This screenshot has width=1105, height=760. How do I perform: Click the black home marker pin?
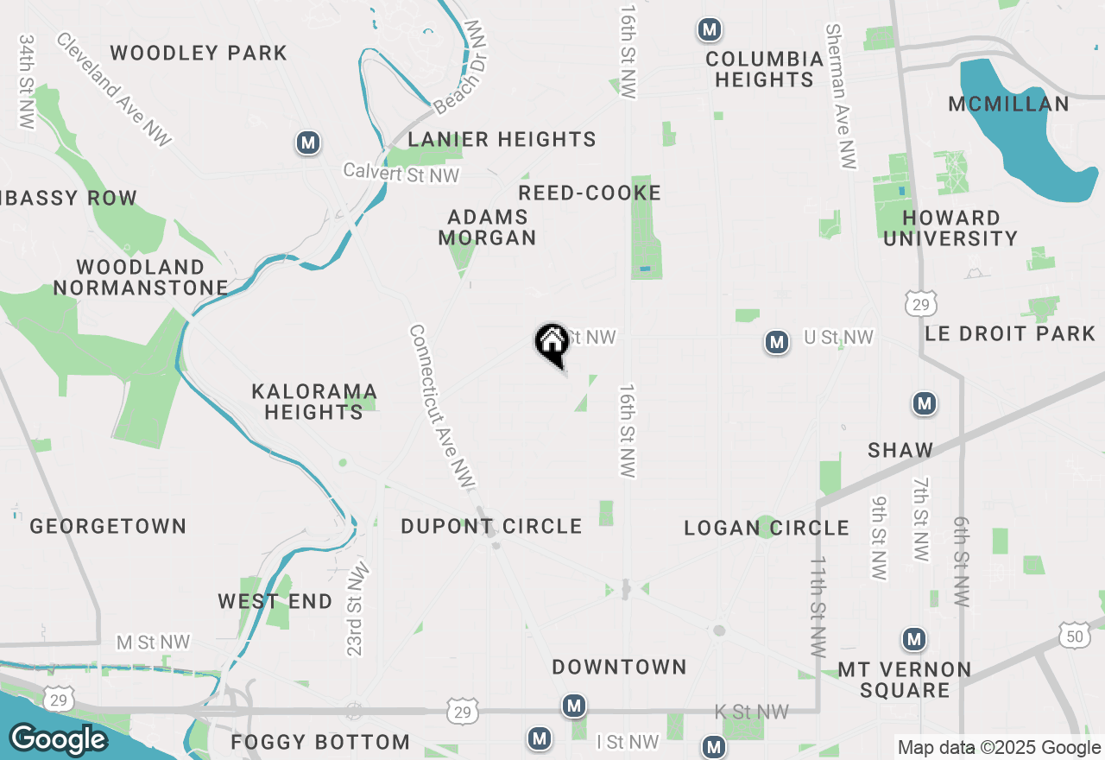coord(552,344)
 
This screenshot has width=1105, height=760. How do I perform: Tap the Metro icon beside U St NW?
coord(777,343)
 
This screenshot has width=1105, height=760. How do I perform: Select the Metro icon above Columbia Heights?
coord(710,30)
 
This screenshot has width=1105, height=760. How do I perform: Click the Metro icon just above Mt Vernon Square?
coord(914,639)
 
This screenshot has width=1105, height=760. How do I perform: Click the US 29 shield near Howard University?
coord(922,303)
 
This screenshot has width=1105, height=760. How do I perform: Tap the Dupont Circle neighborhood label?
coord(491,526)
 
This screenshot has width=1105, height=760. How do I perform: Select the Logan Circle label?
coord(767,528)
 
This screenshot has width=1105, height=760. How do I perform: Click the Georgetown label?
coord(108,526)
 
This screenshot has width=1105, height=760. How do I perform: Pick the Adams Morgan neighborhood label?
coord(488,226)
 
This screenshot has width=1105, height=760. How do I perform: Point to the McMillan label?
coord(1008,104)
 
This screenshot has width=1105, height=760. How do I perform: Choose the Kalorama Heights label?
coord(314,402)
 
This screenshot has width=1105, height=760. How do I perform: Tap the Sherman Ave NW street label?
coord(843,95)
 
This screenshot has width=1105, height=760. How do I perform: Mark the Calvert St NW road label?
coord(401,172)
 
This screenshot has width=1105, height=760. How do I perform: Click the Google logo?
coord(58,739)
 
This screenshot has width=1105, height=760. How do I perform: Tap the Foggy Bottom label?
coord(320,742)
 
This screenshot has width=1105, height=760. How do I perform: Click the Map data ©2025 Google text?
coord(999,748)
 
